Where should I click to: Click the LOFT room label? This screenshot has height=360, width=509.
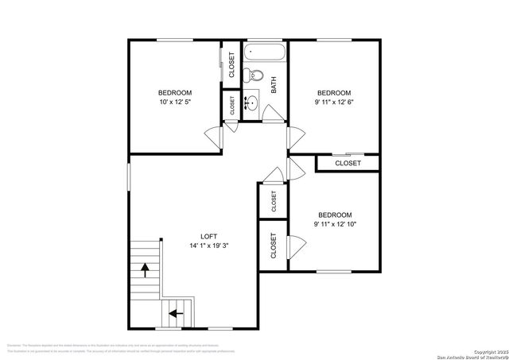(208, 236)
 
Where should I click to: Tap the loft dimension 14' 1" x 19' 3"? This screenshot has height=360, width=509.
(208, 246)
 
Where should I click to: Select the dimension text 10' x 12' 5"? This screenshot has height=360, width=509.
(176, 103)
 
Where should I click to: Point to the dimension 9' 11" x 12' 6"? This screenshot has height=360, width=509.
(334, 103)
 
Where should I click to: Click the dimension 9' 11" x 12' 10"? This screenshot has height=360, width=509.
(335, 224)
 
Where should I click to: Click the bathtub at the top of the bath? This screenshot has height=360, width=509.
(265, 52)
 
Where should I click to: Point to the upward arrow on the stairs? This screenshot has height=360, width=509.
(145, 270)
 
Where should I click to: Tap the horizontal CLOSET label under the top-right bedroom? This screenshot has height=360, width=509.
(348, 163)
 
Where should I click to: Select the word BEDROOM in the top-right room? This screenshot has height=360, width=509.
(334, 92)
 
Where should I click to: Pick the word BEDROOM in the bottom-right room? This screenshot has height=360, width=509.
(335, 215)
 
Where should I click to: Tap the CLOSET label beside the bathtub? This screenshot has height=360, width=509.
(231, 64)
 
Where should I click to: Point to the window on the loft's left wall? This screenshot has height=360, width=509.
(129, 176)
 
